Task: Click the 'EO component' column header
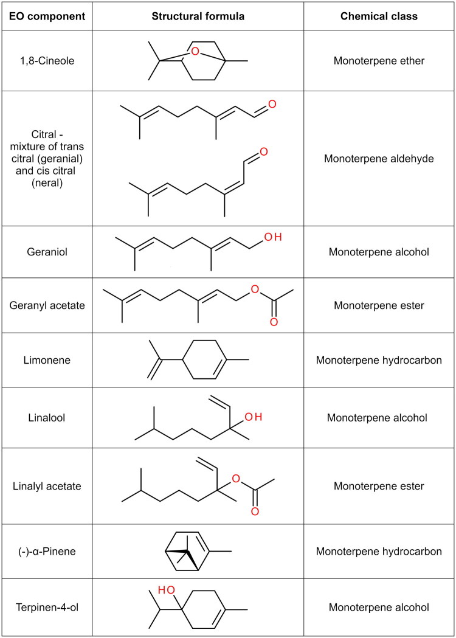(46, 16)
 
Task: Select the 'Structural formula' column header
(198, 16)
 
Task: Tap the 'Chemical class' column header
(379, 16)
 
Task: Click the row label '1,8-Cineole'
(46, 60)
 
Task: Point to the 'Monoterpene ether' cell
(379, 60)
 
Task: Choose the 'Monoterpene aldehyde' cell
(379, 159)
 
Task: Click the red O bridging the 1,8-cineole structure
(195, 51)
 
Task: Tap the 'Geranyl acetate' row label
(46, 305)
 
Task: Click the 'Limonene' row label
(46, 360)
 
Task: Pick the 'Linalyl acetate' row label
(46, 486)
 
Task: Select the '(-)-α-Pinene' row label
(46, 551)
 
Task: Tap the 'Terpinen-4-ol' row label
(46, 607)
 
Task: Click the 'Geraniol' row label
(46, 252)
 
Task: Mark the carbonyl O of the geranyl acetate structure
(273, 322)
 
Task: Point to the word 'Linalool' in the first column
(46, 418)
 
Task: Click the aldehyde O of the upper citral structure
(272, 104)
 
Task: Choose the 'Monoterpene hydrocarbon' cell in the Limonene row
(379, 360)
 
